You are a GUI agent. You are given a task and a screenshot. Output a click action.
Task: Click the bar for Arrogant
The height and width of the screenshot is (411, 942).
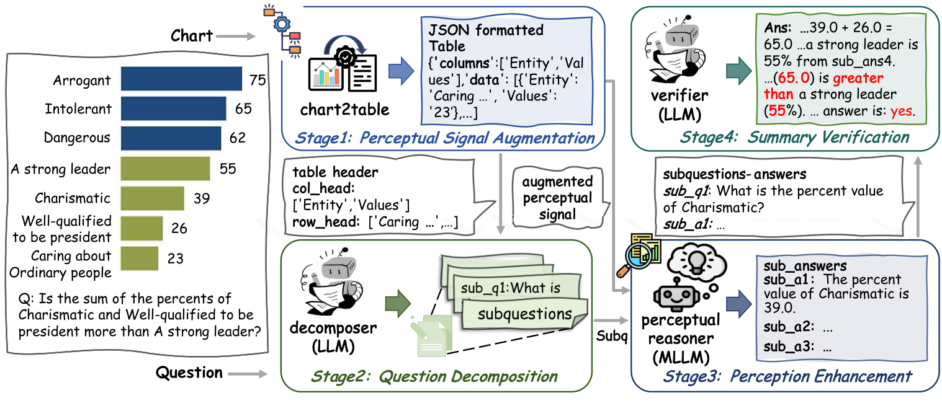181,79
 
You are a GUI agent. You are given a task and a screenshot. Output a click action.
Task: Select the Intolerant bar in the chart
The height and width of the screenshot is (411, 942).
173,108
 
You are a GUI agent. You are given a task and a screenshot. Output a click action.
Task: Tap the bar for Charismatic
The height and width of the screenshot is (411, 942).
152,198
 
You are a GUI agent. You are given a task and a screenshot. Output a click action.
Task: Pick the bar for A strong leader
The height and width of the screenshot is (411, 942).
165,169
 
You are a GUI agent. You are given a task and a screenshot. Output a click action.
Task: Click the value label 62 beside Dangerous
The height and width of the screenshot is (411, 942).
238,138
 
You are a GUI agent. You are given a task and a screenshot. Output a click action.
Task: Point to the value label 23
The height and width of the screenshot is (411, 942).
176,258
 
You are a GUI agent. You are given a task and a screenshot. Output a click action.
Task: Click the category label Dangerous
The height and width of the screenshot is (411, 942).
77,138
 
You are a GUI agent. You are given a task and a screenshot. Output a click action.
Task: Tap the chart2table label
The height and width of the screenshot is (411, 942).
344,110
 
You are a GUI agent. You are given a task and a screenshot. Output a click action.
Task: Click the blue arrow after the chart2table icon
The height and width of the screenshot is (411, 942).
401,71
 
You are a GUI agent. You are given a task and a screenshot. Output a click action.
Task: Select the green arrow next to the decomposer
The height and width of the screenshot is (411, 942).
398,303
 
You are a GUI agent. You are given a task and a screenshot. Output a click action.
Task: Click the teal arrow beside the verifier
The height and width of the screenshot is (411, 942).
739,71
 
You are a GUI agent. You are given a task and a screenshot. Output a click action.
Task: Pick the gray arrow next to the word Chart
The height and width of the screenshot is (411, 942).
236,37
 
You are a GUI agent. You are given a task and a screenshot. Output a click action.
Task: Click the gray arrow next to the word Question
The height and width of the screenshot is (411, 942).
248,374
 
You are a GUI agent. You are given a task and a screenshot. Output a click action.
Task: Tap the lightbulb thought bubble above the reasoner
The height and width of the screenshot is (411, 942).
697,260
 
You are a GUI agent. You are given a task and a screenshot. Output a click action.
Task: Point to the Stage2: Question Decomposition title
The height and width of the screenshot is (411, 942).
434,376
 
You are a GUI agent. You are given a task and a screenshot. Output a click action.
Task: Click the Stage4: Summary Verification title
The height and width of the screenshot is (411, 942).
794,138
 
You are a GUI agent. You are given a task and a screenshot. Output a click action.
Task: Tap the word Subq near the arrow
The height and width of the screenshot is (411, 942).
612,336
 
